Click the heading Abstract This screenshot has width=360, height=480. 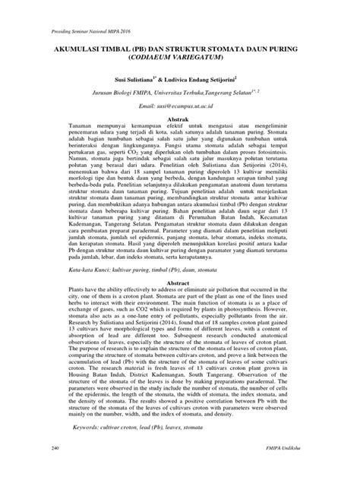180,281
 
